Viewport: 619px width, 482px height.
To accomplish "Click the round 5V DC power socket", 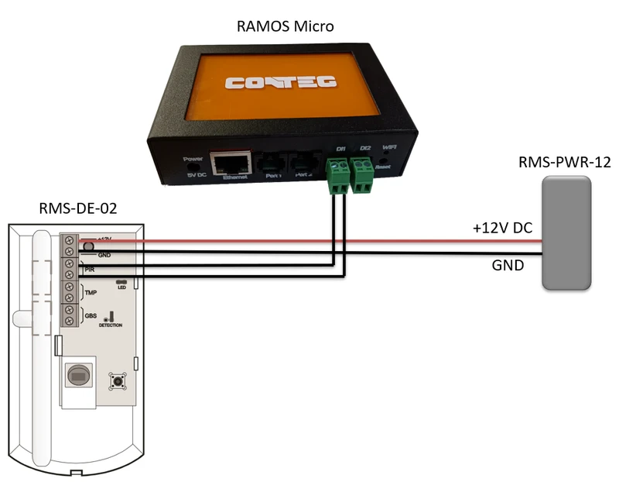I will [197, 164].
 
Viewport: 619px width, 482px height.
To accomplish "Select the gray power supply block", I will [566, 233].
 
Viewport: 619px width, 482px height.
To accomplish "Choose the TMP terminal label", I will [91, 292].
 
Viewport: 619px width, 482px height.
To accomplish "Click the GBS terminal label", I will [91, 316].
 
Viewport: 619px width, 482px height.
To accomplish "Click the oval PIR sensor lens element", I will [78, 375].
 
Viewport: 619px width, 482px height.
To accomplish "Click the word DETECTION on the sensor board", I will [111, 325].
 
